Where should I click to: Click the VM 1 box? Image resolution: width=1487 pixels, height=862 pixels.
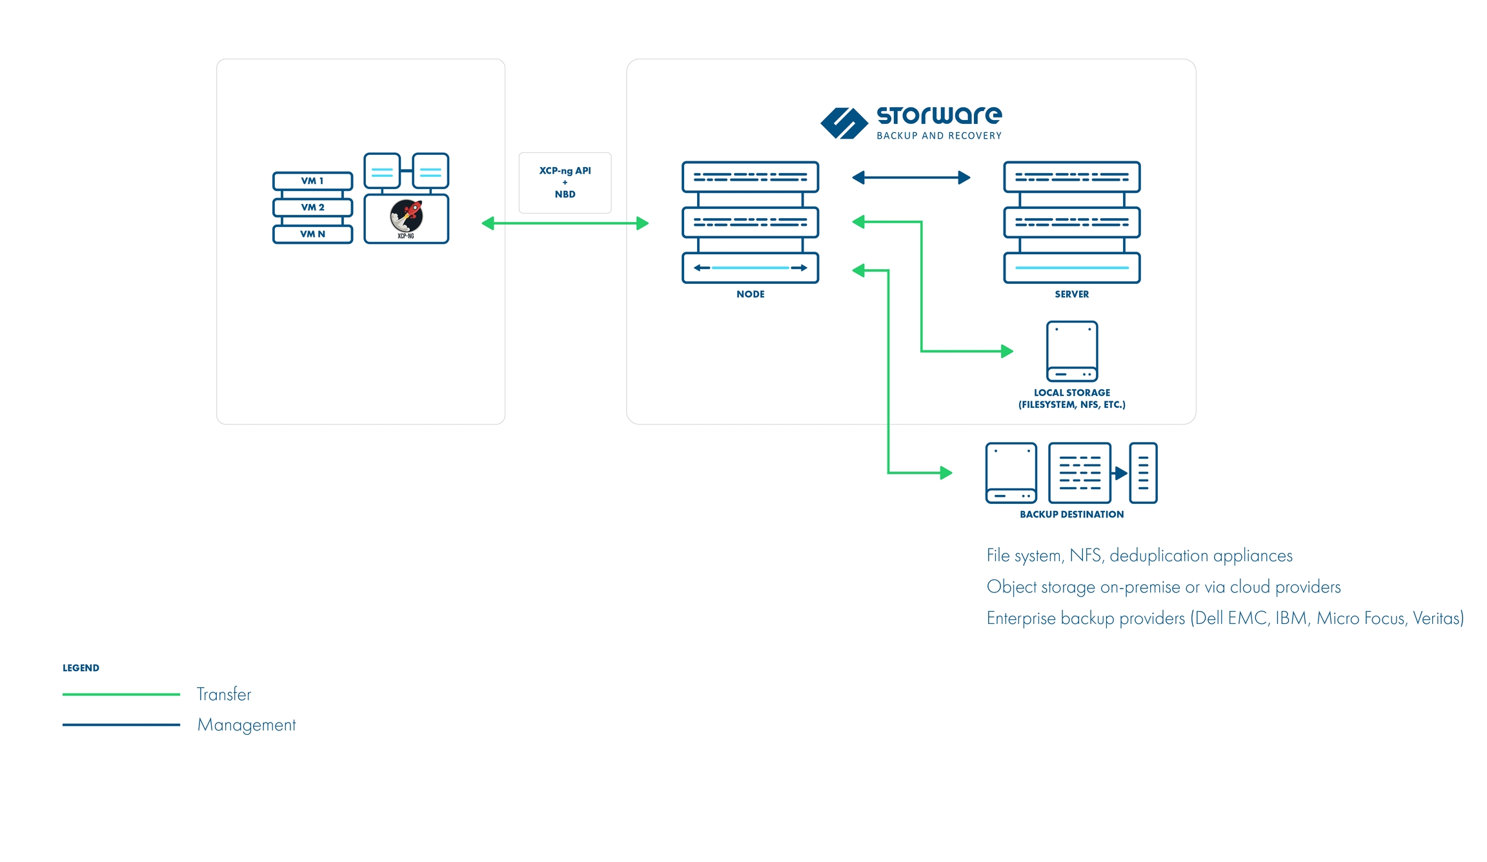point(312,181)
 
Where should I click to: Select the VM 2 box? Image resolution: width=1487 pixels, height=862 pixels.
point(312,207)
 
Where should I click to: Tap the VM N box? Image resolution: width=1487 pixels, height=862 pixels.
point(312,234)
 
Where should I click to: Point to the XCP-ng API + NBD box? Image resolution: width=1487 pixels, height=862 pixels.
point(565,183)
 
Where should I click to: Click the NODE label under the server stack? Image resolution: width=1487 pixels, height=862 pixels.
point(750,294)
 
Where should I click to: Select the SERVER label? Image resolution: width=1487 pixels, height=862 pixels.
point(1071,294)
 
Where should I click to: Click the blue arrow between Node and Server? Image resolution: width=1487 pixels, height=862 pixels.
point(911,177)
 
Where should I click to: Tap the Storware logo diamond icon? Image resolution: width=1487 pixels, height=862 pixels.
point(844,123)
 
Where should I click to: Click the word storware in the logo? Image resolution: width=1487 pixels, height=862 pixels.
point(938,115)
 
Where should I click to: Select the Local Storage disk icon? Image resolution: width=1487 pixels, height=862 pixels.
point(1071,351)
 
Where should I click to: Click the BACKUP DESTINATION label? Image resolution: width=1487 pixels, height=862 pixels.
point(1071,514)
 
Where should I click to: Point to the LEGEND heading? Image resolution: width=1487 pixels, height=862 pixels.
point(81,668)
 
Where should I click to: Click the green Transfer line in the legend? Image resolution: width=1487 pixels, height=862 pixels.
point(121,694)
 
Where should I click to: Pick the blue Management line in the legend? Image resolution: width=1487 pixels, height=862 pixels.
point(121,725)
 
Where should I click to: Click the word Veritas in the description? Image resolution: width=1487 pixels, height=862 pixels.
point(1437,618)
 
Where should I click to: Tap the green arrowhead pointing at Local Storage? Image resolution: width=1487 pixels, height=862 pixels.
point(1007,351)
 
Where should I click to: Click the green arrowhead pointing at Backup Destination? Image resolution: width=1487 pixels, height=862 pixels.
point(946,473)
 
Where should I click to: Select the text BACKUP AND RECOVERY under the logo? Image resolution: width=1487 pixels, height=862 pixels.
point(938,135)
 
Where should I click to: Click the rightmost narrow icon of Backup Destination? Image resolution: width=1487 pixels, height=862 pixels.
point(1143,473)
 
